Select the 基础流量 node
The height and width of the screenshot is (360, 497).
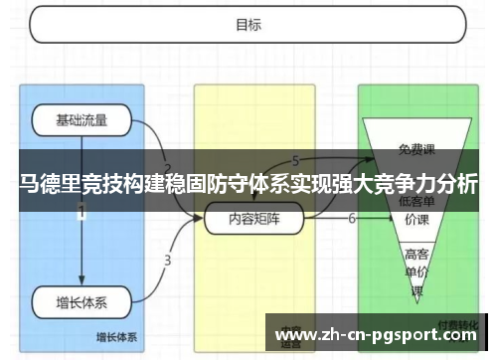[82, 122]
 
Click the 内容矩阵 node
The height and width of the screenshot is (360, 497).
[253, 219]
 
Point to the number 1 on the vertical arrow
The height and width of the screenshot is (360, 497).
[82, 212]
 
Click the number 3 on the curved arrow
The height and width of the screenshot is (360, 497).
[167, 261]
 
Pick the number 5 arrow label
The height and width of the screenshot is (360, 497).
[295, 161]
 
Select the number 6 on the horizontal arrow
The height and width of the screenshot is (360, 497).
[352, 218]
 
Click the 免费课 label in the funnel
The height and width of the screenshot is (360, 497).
[416, 150]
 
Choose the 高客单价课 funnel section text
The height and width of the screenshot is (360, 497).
[416, 270]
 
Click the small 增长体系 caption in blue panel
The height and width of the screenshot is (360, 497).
[117, 335]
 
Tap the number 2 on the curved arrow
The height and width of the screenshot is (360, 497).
[167, 168]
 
